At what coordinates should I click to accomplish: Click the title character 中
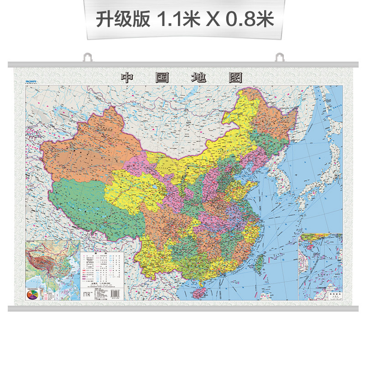point(126,78)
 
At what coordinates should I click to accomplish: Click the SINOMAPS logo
point(31,81)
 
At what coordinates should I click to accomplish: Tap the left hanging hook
point(88,58)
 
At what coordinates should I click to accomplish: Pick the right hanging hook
point(279,58)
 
